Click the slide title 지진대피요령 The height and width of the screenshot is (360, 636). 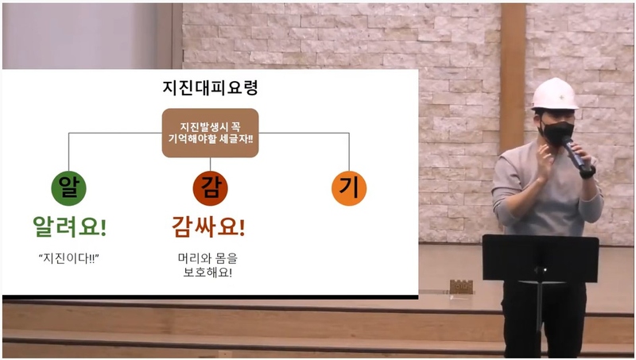pos(210,88)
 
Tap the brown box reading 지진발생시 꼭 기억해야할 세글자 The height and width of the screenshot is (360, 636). pos(210,133)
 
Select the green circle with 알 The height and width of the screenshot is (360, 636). pos(68,188)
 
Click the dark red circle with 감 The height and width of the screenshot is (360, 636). pos(210,188)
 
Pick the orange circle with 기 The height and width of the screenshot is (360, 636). pos(349,188)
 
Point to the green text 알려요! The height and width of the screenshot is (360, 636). pos(69,226)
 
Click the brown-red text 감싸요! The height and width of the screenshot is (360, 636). pos(208,226)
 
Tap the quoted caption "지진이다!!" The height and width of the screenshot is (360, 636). pos(69,258)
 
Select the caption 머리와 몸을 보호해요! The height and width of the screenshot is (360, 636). pos(207,265)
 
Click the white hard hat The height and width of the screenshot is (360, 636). pos(554,95)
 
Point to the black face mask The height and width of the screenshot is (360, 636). pos(556,133)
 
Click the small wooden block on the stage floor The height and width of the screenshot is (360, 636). pos(461,287)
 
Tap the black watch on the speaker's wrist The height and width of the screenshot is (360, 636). pos(588,172)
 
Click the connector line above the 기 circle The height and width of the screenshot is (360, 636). pos(349,152)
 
